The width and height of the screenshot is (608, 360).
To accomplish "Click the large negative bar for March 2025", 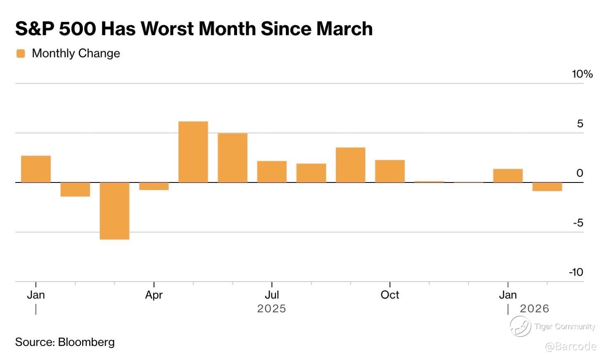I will coord(114,211).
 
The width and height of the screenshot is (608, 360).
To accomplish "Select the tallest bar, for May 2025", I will coord(193,152).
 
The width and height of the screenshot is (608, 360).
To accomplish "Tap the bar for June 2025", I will coord(233,158).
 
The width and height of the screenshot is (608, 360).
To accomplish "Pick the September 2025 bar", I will coord(350,165).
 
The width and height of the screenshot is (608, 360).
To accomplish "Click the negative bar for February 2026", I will coord(547,187).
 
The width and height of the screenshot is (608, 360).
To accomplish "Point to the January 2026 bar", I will coord(508,175).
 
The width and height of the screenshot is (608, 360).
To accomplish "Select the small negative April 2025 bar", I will coord(154,186).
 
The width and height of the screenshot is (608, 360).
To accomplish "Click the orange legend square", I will coord(21,53).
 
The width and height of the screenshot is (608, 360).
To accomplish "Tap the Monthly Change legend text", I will coord(76,53).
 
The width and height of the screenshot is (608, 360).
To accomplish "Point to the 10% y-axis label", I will coord(582,74).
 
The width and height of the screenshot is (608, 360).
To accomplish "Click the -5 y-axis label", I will coord(578,223).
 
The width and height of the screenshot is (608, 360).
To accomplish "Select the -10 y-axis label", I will coord(576,272).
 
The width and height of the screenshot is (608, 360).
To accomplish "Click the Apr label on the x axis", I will coord(154,295).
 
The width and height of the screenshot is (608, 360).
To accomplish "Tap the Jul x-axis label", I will coord(272,295).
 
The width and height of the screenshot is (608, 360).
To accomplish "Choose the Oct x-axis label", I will coord(389,295).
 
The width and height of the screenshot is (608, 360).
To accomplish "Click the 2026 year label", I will coord(534,308).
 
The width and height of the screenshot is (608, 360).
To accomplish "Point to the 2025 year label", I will coord(271,308).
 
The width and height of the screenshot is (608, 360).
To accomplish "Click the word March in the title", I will coord(344,29).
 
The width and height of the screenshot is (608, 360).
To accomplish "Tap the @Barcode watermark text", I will coord(570,346).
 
